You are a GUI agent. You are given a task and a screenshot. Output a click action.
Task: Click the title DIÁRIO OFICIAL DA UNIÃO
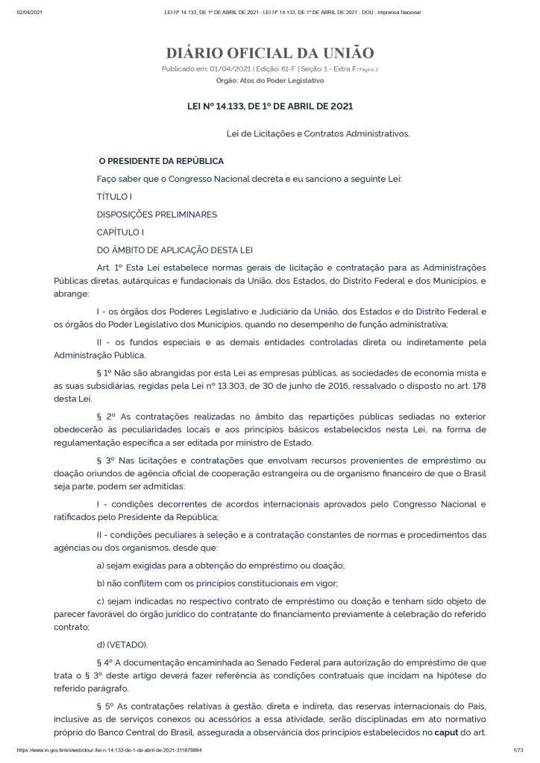click(x=270, y=53)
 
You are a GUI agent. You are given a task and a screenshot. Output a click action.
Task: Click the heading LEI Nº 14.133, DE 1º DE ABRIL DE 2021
click(x=269, y=107)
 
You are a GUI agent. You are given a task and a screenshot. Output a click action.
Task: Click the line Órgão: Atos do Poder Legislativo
click(x=269, y=80)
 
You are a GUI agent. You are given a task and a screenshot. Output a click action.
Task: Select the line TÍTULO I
click(x=114, y=197)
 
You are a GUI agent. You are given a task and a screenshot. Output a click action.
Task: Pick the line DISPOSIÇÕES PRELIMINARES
click(x=157, y=215)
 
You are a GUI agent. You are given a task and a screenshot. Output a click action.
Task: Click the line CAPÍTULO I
click(x=120, y=232)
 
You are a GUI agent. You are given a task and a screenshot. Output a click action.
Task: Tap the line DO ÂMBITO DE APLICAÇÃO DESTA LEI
click(x=180, y=250)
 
